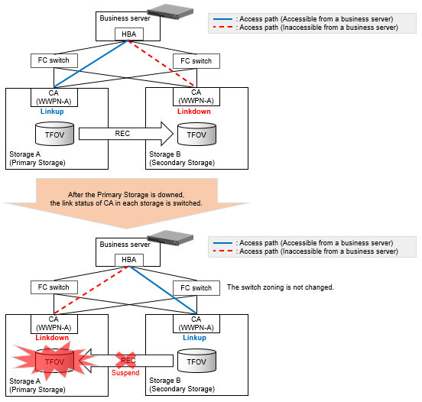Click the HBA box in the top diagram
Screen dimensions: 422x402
(129, 34)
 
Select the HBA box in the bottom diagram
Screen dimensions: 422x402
(129, 260)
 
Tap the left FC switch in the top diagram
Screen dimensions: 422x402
(54, 60)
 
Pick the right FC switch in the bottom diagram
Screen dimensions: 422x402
(196, 288)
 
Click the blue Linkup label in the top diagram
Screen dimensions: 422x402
(52, 112)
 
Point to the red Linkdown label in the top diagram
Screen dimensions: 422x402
(193, 112)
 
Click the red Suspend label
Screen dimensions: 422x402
(125, 373)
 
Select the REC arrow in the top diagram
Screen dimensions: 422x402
(126, 134)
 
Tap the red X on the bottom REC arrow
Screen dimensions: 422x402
(125, 360)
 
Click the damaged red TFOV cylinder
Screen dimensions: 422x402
(54, 361)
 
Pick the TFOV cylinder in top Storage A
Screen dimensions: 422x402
(54, 134)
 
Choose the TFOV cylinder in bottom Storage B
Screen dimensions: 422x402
(196, 361)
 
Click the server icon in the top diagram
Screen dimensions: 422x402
(170, 11)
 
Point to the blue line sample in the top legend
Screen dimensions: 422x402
(222, 19)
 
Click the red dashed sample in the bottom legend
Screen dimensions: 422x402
(222, 251)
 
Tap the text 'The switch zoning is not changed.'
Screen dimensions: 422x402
(280, 287)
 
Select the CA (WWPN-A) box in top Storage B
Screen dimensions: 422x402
(196, 96)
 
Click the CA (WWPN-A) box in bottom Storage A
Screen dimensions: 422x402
(54, 324)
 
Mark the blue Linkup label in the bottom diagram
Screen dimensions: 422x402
(194, 338)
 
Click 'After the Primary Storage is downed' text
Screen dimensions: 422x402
(126, 195)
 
